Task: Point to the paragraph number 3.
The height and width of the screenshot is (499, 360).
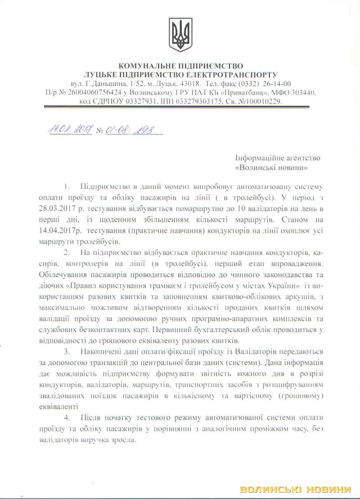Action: [67, 352]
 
